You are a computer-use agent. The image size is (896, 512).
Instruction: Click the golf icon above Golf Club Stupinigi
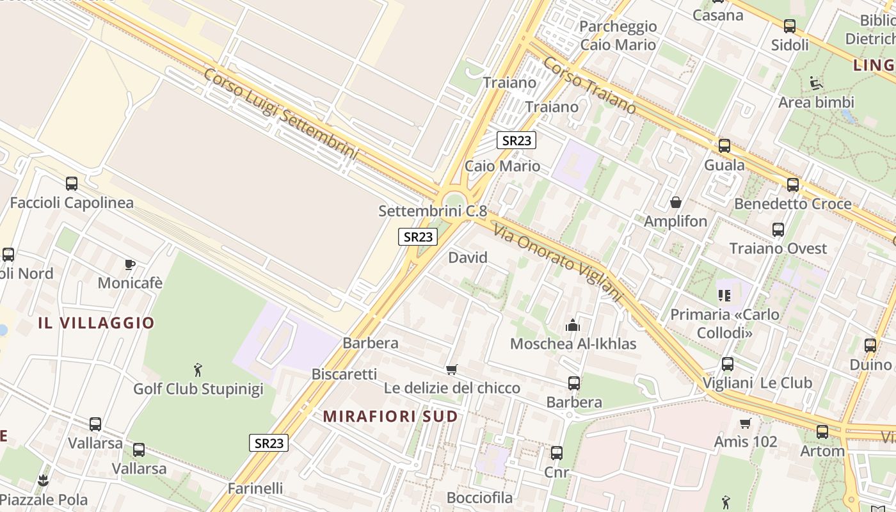point(198,370)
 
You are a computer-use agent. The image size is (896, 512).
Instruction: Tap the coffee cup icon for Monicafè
point(130,264)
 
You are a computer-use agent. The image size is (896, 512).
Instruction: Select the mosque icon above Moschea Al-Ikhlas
point(572,325)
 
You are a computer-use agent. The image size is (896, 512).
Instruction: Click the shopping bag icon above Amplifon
point(675,203)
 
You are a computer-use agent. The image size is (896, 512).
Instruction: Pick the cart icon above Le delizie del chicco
point(452,369)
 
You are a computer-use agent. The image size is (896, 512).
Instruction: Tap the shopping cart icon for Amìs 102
point(745,423)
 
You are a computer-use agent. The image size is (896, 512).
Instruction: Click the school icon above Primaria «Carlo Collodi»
point(724,295)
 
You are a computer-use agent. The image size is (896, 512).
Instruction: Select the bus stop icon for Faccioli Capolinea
point(72,184)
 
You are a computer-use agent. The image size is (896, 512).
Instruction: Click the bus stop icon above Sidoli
point(790,26)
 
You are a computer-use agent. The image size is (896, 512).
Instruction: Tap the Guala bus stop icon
point(724,146)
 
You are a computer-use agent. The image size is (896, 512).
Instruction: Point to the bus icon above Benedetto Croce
point(793,185)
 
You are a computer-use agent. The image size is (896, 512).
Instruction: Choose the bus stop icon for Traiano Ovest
point(778,230)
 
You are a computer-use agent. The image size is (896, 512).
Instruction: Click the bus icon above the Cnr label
point(557,453)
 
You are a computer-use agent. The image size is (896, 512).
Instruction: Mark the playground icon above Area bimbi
point(816,83)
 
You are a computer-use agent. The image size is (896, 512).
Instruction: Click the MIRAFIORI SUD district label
point(390,417)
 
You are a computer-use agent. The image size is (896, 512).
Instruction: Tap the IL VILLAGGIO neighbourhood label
point(96,323)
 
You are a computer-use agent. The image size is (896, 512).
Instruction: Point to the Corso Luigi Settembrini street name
point(281,113)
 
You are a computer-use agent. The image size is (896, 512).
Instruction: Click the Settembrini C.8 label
point(433,211)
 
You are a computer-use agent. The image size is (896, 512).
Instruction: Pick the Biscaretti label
point(344,374)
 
